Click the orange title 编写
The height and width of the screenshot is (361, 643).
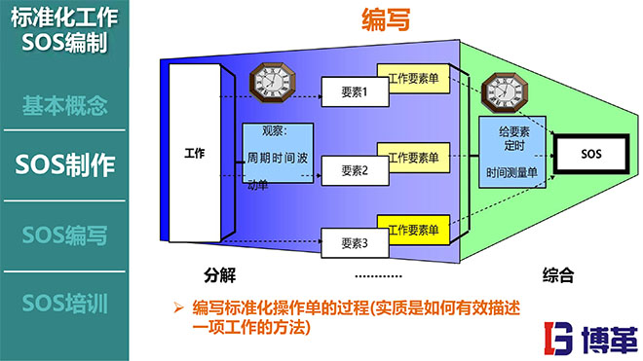pyautogui.click(x=385, y=18)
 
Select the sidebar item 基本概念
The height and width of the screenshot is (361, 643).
pyautogui.click(x=64, y=106)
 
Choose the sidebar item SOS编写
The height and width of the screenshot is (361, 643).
pyautogui.click(x=64, y=235)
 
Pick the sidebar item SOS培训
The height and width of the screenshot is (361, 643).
pyautogui.click(x=64, y=302)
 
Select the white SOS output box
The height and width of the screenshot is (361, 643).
pyautogui.click(x=590, y=154)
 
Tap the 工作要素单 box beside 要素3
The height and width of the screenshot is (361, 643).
pyautogui.click(x=412, y=232)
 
